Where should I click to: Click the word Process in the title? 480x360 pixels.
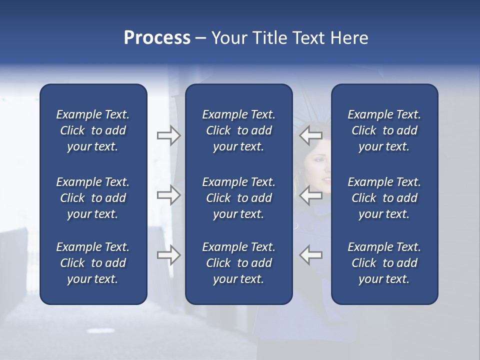pos(157,38)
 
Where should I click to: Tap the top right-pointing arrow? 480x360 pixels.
pos(168,135)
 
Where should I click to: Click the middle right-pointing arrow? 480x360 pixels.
pos(168,194)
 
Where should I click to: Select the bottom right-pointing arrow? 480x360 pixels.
pos(168,254)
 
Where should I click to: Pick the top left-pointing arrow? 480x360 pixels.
pos(310,135)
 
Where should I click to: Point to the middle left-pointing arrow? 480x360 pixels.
pos(310,194)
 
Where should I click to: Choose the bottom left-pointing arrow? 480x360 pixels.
pos(310,254)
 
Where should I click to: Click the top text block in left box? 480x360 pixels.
pos(93,130)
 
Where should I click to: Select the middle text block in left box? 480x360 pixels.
pos(93,198)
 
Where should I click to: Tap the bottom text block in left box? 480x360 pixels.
pos(93,263)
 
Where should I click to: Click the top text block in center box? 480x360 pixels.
pos(238,130)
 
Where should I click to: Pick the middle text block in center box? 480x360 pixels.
pos(238,198)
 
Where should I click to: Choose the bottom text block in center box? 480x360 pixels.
pos(238,263)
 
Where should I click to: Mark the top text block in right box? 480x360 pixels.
pos(384,130)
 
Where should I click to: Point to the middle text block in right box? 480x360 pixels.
pos(384,198)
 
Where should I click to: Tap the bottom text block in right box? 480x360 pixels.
pos(384,263)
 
